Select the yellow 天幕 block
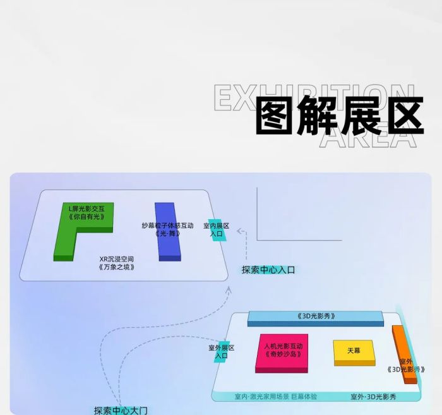point(354,352)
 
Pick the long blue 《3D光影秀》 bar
point(315,318)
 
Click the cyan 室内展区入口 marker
point(216,230)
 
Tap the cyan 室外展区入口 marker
point(222,352)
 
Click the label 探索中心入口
point(268,270)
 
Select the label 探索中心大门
point(121,410)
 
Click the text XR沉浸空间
point(117,258)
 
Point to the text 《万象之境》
point(117,267)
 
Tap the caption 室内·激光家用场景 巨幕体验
point(276,397)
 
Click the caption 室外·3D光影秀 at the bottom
point(373,397)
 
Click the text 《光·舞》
point(167,234)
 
